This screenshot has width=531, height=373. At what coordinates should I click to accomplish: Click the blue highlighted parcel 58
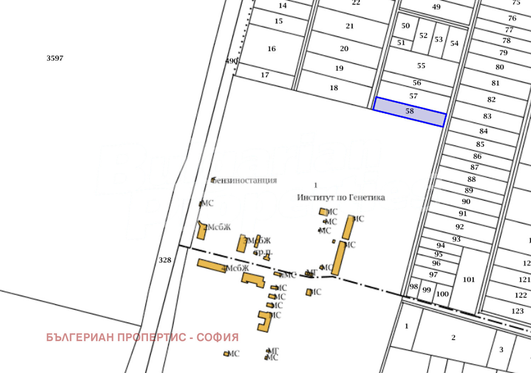coord(410,111)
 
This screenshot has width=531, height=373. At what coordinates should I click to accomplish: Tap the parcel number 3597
coord(55,58)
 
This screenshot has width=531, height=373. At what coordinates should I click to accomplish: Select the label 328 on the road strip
coord(165,260)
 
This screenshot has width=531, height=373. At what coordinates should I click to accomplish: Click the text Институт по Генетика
coord(341,197)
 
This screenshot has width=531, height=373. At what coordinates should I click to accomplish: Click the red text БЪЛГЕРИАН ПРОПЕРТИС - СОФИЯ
coord(142,337)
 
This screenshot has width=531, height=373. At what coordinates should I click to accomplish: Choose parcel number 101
coord(469,279)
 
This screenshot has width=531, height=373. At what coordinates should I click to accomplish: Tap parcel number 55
coord(421,66)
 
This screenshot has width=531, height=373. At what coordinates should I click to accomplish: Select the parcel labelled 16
coord(272,49)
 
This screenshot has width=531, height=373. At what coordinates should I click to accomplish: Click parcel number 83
coord(487,116)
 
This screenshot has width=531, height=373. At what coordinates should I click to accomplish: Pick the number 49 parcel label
coord(436,7)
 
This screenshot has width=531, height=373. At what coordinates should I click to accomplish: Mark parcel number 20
coord(344,49)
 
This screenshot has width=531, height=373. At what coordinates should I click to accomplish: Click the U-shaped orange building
coord(264,321)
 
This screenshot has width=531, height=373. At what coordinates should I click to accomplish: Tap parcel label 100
coord(442,294)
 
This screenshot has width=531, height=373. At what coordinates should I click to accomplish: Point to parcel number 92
coord(459,226)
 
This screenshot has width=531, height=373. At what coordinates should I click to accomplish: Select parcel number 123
coord(517,311)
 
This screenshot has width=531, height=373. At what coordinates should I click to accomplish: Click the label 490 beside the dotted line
coord(231,61)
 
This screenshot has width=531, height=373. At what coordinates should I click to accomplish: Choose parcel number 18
coord(334,87)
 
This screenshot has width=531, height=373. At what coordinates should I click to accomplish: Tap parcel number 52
coord(423,35)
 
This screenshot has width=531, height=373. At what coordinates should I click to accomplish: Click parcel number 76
coord(512,18)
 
